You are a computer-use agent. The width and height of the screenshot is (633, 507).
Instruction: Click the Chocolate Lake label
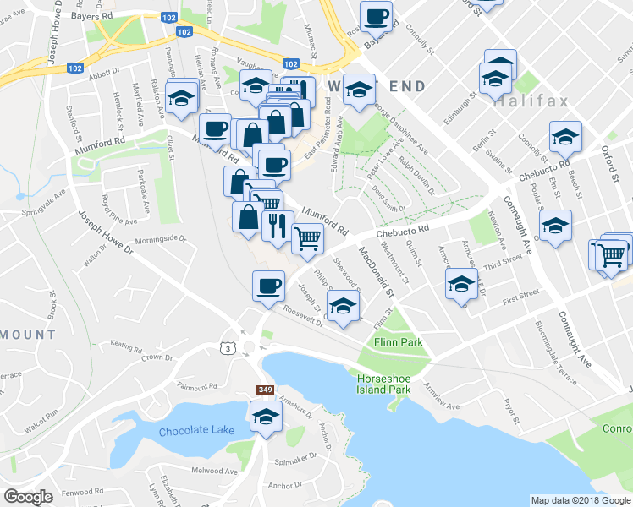coord(196,430)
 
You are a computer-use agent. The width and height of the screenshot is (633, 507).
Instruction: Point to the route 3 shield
coord(226,348)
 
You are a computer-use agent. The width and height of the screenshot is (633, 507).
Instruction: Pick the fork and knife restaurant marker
coord(277,226)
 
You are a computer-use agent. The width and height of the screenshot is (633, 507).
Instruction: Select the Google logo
coord(29,497)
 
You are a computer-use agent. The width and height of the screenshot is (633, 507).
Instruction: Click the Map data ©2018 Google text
coord(580,500)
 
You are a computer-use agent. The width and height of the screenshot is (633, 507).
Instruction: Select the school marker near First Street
coord(460,283)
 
